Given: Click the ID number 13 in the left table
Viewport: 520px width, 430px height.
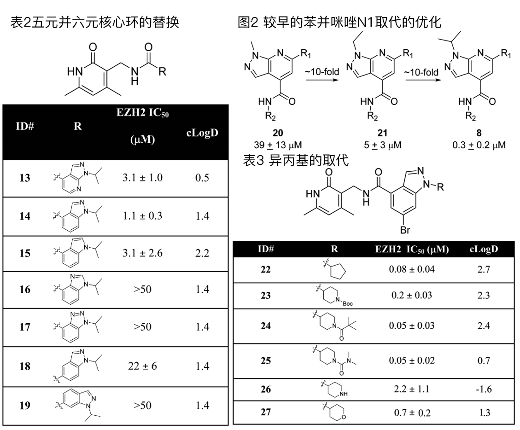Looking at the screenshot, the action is click(24, 178).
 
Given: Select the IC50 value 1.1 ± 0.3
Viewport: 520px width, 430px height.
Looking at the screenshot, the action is click(143, 216).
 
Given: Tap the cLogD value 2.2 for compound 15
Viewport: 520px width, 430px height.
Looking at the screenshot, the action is click(202, 253).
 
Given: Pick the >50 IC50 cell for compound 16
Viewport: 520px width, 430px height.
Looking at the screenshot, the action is click(143, 289).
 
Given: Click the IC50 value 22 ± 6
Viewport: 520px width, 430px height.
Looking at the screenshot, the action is click(143, 366).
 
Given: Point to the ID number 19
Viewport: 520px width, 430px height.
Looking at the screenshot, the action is click(24, 405).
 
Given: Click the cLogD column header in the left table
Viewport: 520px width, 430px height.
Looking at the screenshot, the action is click(202, 133).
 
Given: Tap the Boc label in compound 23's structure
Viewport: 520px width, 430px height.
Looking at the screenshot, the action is click(348, 303).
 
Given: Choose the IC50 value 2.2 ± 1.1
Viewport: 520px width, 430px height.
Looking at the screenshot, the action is click(412, 389).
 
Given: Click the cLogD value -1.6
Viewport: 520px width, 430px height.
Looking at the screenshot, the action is click(484, 389).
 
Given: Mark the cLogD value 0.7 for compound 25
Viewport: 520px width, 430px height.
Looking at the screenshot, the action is click(484, 360).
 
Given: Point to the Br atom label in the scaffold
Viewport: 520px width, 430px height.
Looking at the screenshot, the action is click(405, 229).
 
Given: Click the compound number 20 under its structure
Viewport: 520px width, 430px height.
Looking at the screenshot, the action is click(278, 133).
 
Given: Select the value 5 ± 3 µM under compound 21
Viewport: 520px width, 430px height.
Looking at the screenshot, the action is click(382, 145).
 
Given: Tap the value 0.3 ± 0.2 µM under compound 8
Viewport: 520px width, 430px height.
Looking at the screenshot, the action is click(479, 145).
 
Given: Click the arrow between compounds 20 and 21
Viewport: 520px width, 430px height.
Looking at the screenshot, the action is click(322, 79).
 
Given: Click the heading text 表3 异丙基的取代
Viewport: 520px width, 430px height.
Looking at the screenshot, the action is click(296, 160).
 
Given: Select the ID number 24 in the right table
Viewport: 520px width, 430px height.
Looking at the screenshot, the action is click(266, 326).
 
